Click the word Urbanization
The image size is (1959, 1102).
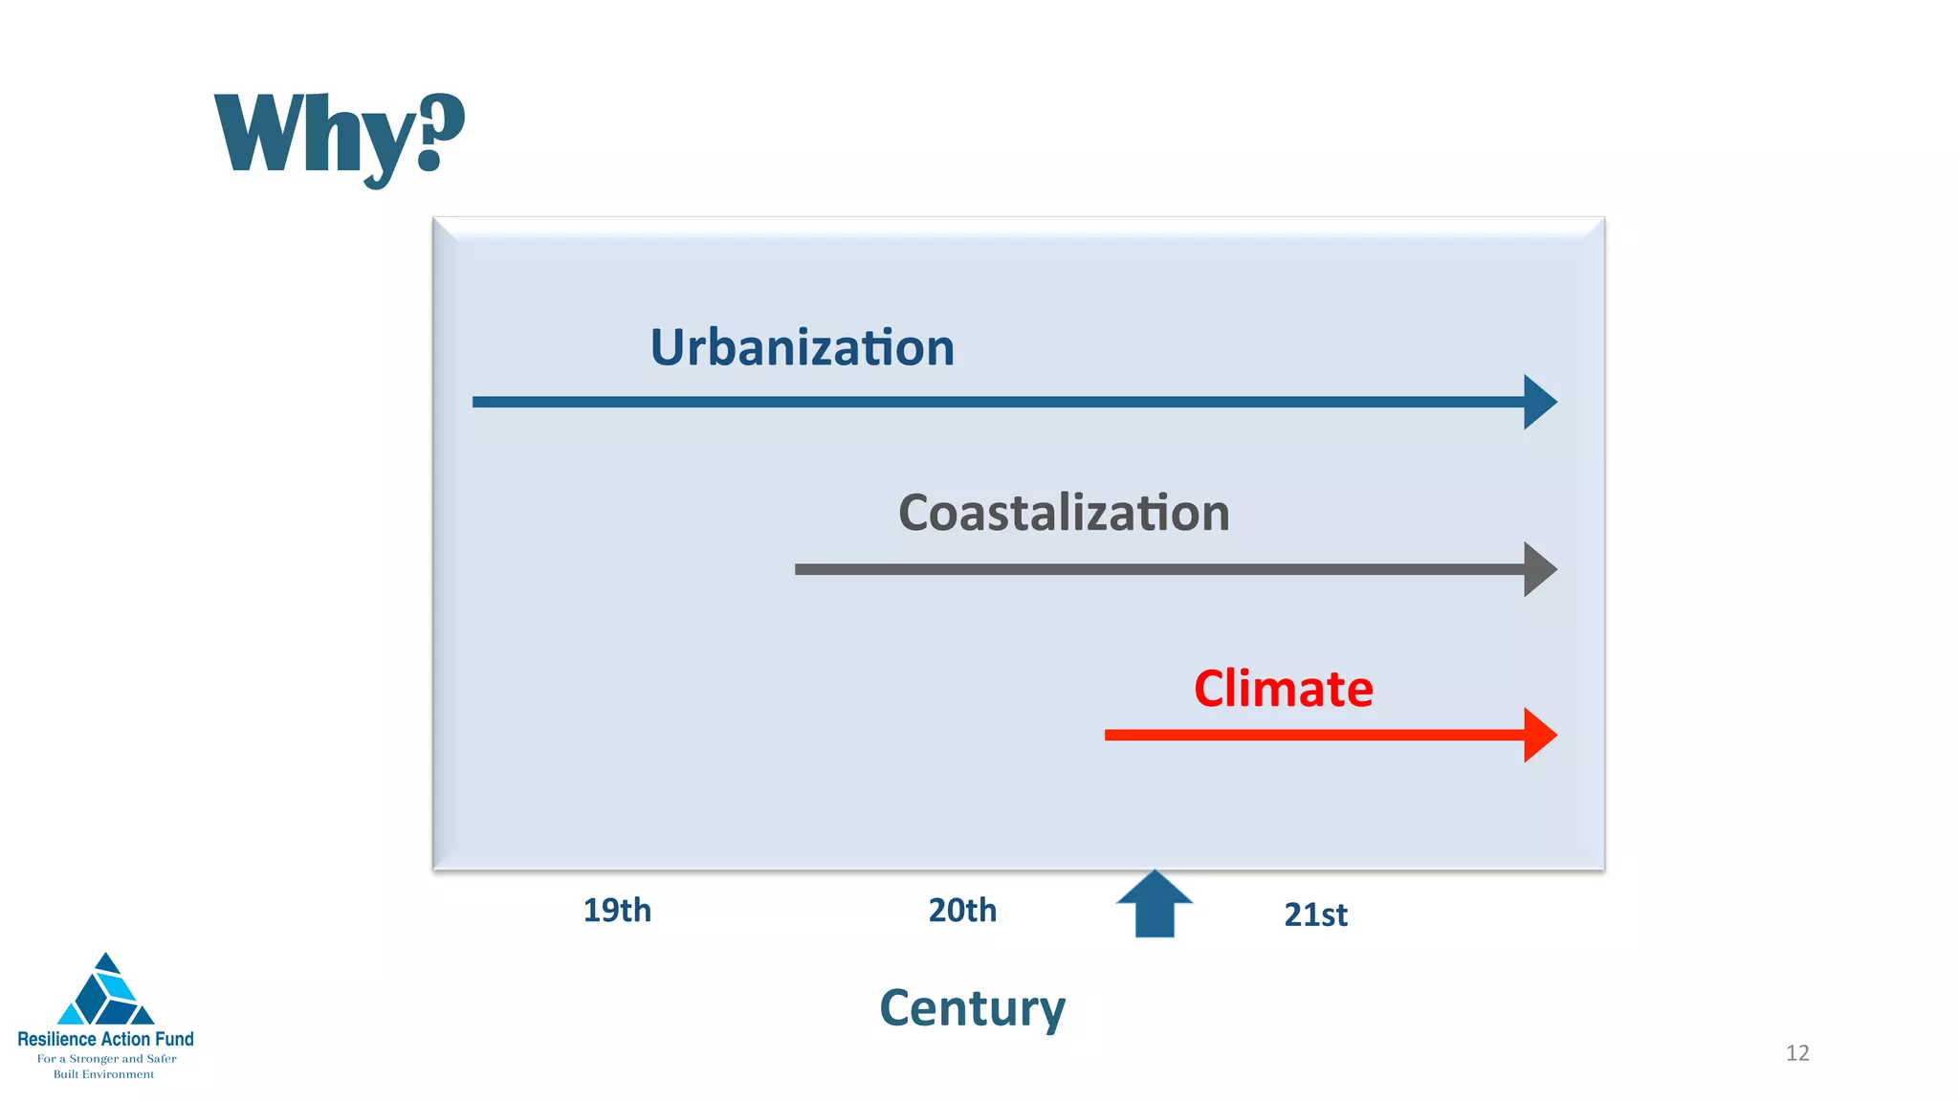pos(802,347)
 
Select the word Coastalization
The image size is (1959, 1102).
pos(1064,513)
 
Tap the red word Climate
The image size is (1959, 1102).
pos(1283,689)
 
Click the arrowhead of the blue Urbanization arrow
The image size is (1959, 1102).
pos(1539,402)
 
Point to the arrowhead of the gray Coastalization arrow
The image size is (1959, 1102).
pos(1539,569)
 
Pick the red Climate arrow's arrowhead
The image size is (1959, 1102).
pos(1539,735)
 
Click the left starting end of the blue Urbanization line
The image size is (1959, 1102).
pos(476,402)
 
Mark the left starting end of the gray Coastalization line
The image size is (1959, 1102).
pos(799,569)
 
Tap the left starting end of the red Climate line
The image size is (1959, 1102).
pos(1109,735)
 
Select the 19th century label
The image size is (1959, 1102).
pos(617,910)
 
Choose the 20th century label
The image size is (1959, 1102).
pos(962,910)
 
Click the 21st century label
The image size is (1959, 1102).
pos(1315,915)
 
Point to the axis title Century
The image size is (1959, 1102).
pos(972,1008)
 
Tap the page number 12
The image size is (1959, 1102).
pos(1797,1053)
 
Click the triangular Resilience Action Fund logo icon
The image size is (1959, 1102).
pos(106,991)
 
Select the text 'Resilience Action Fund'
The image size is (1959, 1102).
pos(105,1039)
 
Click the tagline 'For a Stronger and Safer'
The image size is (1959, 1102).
pos(106,1059)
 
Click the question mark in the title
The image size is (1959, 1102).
pos(439,131)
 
